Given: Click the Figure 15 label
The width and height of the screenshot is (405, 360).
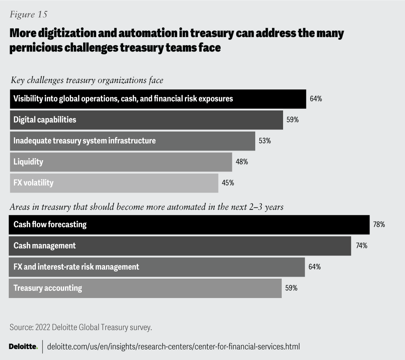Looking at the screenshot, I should pyautogui.click(x=29, y=14).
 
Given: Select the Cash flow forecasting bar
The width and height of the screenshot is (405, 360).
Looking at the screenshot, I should pyautogui.click(x=189, y=225).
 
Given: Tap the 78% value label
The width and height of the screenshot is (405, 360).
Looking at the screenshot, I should pyautogui.click(x=379, y=225).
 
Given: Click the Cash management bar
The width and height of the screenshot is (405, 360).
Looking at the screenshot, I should pyautogui.click(x=180, y=246).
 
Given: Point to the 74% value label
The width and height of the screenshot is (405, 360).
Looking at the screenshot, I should pyautogui.click(x=361, y=246).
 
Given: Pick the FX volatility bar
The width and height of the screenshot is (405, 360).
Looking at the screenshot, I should pyautogui.click(x=113, y=183).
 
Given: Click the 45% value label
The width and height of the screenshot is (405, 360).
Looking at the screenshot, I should pyautogui.click(x=228, y=183).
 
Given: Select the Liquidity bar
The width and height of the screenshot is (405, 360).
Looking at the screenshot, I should pyautogui.click(x=120, y=162).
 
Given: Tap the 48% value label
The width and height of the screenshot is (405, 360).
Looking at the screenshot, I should pyautogui.click(x=242, y=162).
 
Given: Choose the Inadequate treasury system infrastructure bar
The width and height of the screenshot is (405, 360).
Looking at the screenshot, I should pyautogui.click(x=132, y=141).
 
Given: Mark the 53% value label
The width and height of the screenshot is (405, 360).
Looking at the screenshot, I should pyautogui.click(x=265, y=141).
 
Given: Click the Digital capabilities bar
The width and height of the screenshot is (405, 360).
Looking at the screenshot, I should pyautogui.click(x=146, y=120).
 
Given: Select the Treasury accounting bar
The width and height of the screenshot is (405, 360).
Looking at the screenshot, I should pyautogui.click(x=145, y=288).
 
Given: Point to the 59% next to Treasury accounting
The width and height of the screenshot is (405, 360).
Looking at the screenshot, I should pyautogui.click(x=291, y=288).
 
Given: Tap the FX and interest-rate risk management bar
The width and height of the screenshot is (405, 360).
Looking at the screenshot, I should pyautogui.click(x=157, y=267).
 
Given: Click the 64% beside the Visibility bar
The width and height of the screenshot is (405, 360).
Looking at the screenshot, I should pyautogui.click(x=316, y=99).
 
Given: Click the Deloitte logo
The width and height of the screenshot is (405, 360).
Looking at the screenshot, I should pyautogui.click(x=23, y=347).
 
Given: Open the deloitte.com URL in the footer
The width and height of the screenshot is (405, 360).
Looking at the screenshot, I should pyautogui.click(x=173, y=347).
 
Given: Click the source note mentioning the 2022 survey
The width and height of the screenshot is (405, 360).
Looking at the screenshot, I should pyautogui.click(x=80, y=327).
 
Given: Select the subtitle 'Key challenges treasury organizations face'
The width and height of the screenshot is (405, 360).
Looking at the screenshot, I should pyautogui.click(x=87, y=80).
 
